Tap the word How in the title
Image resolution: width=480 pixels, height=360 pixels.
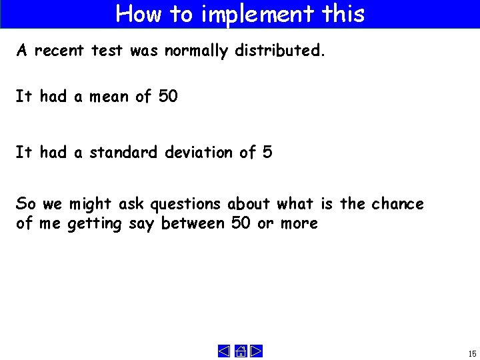(138, 13)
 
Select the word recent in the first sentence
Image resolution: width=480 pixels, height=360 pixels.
(60, 51)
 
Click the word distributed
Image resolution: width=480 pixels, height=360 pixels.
(280, 51)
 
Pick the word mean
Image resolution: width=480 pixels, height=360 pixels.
(109, 97)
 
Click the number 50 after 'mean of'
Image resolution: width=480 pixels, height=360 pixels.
(168, 97)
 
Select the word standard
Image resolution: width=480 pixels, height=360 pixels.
(124, 153)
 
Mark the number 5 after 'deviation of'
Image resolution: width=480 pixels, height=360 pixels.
(267, 153)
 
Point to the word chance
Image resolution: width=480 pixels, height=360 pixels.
(397, 203)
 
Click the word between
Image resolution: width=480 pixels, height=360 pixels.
(193, 223)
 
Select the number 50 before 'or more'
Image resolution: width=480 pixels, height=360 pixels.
(241, 223)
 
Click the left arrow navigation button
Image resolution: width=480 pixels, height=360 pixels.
(224, 351)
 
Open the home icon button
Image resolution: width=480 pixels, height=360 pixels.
(241, 351)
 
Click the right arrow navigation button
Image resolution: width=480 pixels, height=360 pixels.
(257, 351)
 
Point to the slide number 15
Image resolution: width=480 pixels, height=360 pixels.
(472, 353)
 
